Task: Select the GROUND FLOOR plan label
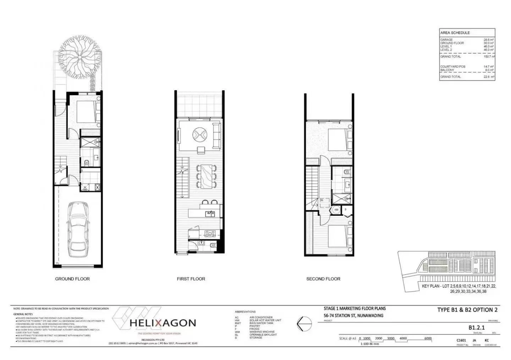click(x=72, y=279)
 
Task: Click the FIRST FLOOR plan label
click(x=191, y=279)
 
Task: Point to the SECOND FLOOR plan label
click(x=323, y=279)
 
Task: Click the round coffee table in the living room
click(x=199, y=135)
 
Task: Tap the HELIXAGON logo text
click(x=163, y=323)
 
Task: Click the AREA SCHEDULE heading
click(x=455, y=33)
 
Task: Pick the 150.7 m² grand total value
click(x=489, y=56)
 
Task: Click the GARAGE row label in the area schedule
click(x=446, y=40)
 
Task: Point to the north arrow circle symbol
click(x=304, y=323)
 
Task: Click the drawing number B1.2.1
click(x=476, y=328)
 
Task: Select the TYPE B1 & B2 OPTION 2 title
click(x=467, y=310)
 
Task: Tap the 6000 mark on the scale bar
click(x=428, y=338)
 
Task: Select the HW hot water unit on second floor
click(x=336, y=210)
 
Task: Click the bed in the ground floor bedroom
click(x=86, y=111)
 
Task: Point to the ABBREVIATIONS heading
click(x=245, y=312)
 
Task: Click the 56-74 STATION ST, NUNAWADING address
click(x=353, y=315)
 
